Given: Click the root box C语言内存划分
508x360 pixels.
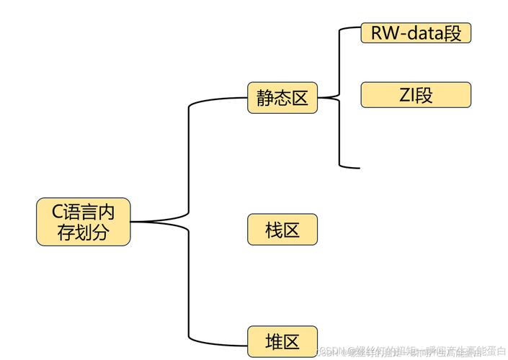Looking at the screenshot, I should click(x=84, y=222).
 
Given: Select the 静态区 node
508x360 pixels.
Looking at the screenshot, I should click(x=282, y=98).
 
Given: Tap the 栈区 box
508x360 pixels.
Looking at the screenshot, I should click(x=282, y=230).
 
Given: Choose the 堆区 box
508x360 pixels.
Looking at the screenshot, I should click(x=282, y=341).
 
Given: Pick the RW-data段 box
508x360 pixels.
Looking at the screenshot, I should click(x=416, y=32).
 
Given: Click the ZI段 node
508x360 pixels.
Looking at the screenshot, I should click(x=416, y=95).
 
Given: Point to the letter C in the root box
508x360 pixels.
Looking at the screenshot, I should click(x=58, y=212).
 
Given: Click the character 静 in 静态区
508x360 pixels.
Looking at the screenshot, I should click(x=264, y=98).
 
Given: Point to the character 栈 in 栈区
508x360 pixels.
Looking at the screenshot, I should click(x=273, y=230).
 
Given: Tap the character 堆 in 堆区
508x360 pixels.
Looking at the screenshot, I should click(x=273, y=341).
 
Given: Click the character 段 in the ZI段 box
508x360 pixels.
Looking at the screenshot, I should click(x=424, y=95).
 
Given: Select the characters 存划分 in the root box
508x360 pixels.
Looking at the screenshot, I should click(x=84, y=233).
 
